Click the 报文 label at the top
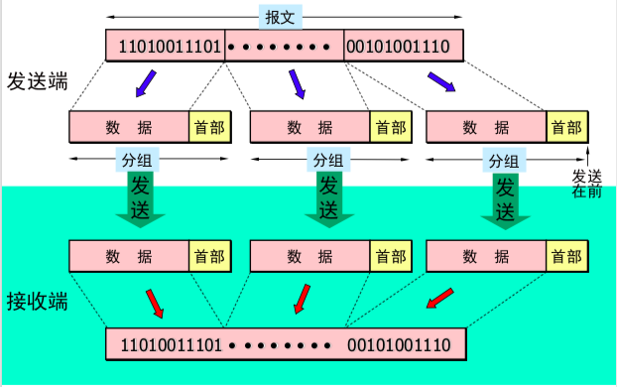pyautogui.click(x=278, y=17)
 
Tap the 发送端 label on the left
pyautogui.click(x=37, y=81)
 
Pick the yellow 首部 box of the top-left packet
pyautogui.click(x=209, y=127)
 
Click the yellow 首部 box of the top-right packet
pyautogui.click(x=567, y=127)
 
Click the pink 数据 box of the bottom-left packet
pyautogui.click(x=129, y=256)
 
